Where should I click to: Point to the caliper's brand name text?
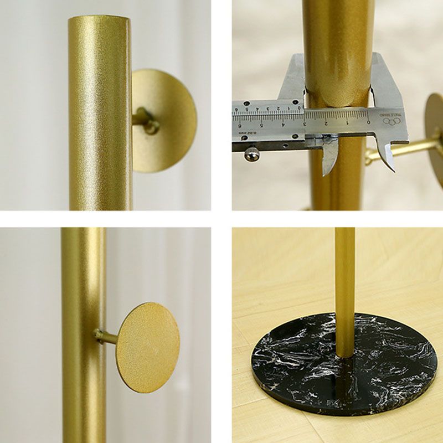click(396, 114)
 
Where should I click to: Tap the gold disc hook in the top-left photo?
click(164, 120)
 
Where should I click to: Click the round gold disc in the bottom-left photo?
click(147, 347)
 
